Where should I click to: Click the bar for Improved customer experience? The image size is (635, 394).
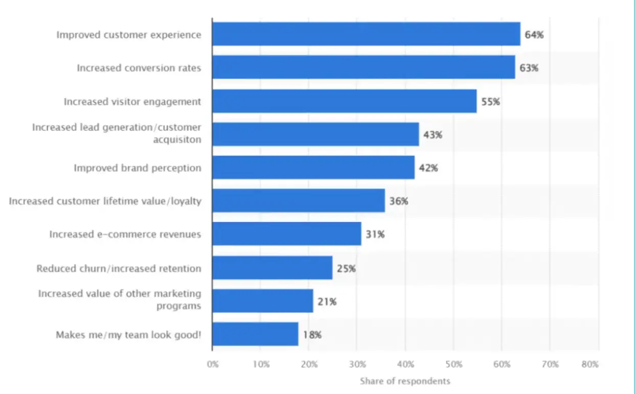[366, 34]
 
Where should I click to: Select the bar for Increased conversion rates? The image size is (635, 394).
[364, 68]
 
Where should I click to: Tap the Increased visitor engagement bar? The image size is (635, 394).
[344, 101]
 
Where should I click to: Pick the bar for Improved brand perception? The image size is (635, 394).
[313, 168]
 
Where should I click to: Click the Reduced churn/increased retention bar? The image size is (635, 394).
[272, 268]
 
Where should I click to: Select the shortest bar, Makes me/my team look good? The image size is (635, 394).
[255, 335]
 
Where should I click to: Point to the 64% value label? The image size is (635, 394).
[534, 35]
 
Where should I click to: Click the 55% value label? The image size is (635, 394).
[490, 102]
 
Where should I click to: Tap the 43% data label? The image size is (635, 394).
[432, 135]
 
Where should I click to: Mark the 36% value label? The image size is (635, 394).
[398, 202]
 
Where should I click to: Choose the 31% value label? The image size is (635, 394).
[375, 235]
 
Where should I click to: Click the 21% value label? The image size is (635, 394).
[327, 302]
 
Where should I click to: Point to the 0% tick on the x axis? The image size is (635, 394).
[213, 364]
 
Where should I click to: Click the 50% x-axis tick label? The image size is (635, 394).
[454, 364]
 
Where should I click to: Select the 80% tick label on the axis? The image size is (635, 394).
[590, 364]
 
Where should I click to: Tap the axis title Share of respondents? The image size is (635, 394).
[405, 381]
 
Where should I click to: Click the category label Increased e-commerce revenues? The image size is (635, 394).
[125, 234]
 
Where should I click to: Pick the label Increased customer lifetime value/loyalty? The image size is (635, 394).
[105, 201]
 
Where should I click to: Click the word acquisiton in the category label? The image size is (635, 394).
[177, 140]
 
